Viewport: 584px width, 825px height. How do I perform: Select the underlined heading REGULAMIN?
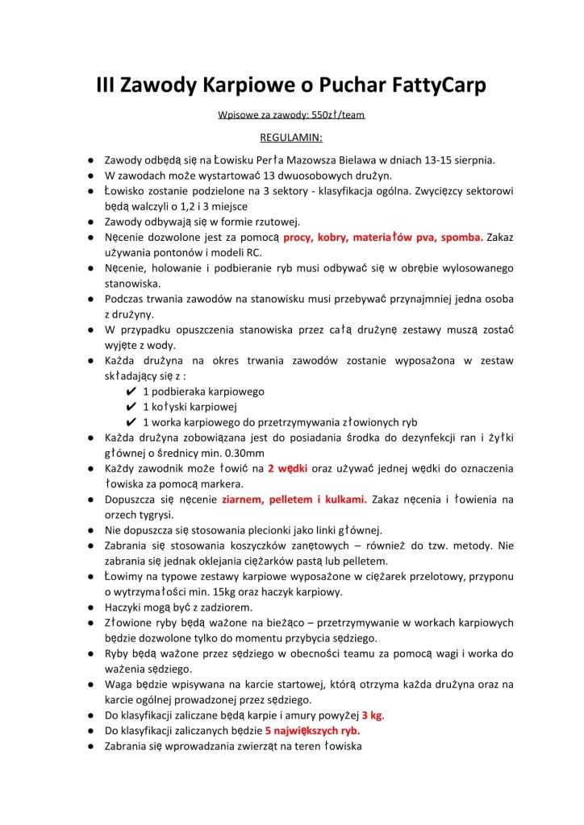point(291,137)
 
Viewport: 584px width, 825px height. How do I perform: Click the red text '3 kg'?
point(372,715)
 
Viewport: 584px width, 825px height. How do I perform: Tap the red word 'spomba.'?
point(457,238)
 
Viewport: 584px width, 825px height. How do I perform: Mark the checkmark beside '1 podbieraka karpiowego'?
point(131,392)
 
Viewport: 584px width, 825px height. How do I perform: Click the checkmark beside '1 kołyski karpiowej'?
point(131,407)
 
